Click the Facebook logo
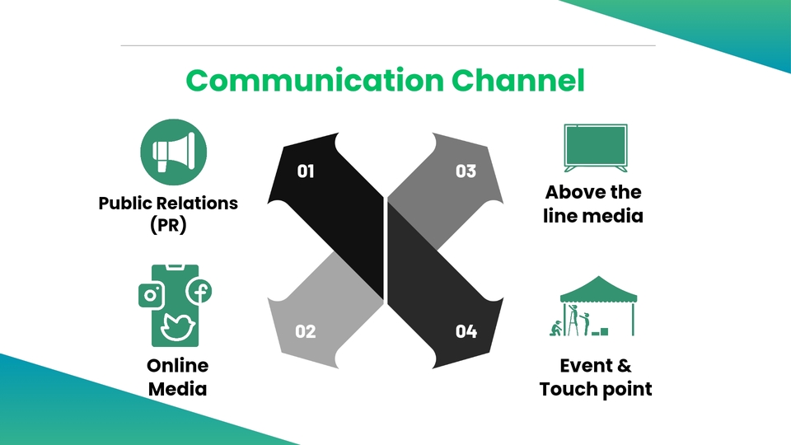click(x=199, y=291)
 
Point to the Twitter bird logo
click(x=176, y=326)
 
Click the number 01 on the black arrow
click(x=306, y=171)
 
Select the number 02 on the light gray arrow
click(x=306, y=331)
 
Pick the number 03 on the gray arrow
click(x=466, y=171)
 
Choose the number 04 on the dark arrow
click(x=466, y=331)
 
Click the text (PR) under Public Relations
click(x=168, y=225)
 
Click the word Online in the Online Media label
click(x=177, y=366)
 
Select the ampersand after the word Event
click(x=625, y=366)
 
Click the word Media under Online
click(x=177, y=389)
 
